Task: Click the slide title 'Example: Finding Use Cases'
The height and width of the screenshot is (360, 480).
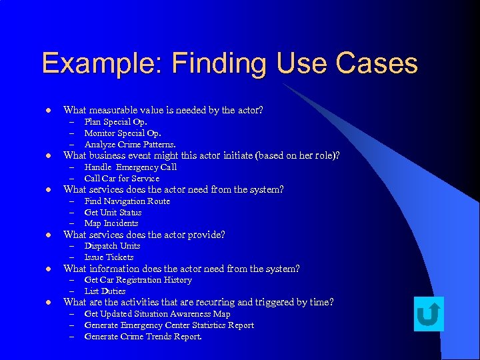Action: click(229, 63)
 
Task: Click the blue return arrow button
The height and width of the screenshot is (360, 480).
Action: click(429, 313)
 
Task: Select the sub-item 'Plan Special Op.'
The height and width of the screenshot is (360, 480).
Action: click(115, 122)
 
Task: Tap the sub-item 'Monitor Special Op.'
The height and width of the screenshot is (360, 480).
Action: click(123, 133)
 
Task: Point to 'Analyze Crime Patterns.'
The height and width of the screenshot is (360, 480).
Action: click(130, 145)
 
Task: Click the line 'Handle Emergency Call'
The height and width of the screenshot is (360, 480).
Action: click(131, 167)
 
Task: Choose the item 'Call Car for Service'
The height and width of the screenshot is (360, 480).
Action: click(122, 179)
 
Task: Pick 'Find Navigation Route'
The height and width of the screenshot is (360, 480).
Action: click(127, 201)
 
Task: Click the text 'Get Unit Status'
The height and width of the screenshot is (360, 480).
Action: click(113, 213)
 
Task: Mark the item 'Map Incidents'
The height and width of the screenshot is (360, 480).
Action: click(111, 223)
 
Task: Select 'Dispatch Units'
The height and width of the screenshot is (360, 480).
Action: click(112, 246)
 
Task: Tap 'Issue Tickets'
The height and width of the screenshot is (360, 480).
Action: click(109, 257)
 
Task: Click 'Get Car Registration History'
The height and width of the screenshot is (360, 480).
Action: click(138, 280)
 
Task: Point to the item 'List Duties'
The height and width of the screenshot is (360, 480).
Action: click(105, 291)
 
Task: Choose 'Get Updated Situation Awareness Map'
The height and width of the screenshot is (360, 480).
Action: click(157, 314)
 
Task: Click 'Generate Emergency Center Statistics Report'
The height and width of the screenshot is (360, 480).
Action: click(169, 325)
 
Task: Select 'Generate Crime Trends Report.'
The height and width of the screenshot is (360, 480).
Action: click(143, 337)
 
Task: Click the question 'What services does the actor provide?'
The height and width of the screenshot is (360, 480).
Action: click(144, 235)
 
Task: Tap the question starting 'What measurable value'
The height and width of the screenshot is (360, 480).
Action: click(163, 110)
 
